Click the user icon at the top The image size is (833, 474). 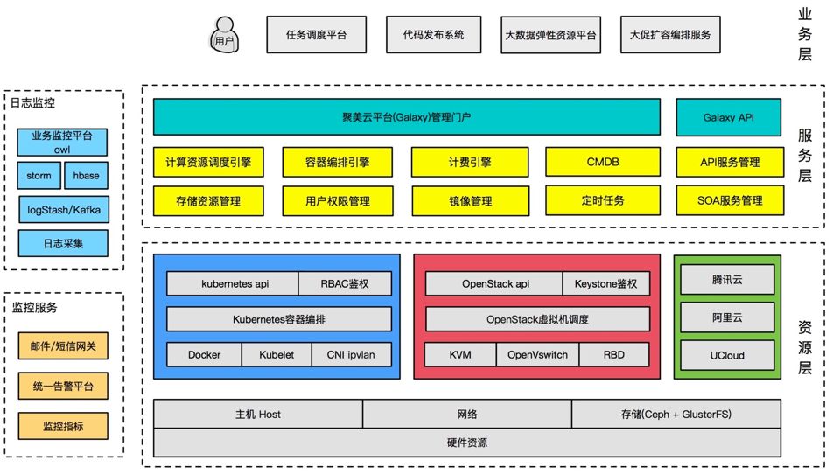226,36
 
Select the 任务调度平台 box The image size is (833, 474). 316,36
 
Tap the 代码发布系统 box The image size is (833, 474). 433,36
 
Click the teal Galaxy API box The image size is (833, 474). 727,116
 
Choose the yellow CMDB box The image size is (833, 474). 602,162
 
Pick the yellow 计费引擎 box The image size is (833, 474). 470,162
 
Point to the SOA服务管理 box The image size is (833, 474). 730,200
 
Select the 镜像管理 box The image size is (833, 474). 470,200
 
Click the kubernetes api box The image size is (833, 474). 232,283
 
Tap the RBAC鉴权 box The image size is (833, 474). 344,283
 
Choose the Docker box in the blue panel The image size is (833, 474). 204,354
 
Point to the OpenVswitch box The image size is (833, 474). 537,354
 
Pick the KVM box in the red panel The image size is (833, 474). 460,354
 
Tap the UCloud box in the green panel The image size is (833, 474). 726,355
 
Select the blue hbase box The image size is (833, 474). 86,176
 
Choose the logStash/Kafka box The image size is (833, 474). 63,209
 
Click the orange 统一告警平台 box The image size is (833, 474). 63,386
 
